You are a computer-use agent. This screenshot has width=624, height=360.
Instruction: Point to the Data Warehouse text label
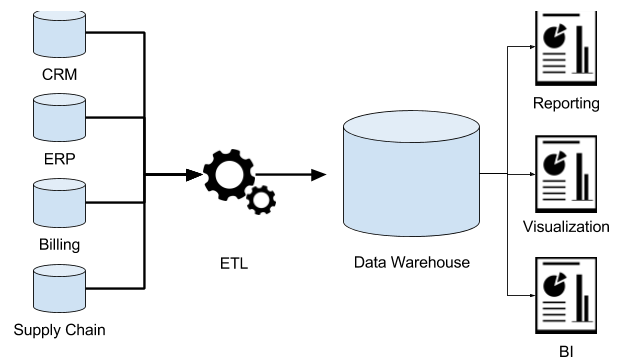(411, 263)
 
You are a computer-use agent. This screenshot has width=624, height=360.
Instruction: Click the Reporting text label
(566, 103)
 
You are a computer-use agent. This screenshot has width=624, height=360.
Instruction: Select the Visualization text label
(566, 226)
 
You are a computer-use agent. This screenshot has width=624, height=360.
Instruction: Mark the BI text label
(566, 350)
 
